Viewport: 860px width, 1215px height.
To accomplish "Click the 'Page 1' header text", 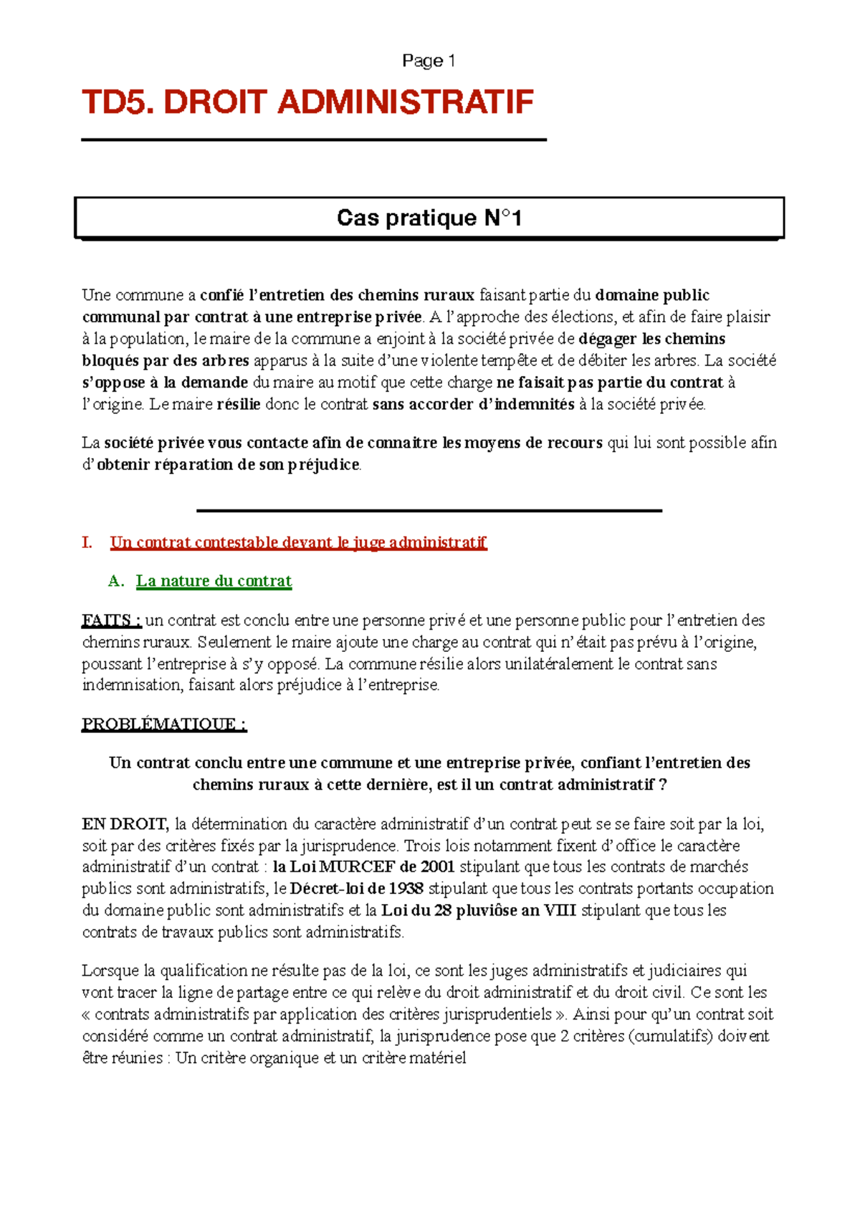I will click(429, 61).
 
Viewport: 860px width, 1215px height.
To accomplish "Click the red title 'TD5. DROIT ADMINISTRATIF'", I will click(307, 102).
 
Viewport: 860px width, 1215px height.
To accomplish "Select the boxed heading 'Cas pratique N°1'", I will click(429, 218).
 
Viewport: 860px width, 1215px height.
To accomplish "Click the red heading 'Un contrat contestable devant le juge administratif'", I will click(298, 542).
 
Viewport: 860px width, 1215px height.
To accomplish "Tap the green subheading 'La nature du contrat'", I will click(214, 581).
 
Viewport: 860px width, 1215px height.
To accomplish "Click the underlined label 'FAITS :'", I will click(111, 620).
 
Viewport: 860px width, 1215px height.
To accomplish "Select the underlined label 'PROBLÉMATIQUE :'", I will click(164, 724).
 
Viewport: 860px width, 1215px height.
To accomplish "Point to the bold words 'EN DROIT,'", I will click(125, 824).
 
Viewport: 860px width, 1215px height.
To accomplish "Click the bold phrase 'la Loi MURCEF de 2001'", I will click(364, 867).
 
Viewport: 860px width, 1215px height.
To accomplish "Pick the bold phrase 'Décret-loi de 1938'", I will click(356, 889).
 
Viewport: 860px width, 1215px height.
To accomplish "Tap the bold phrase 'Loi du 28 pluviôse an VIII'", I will click(479, 911).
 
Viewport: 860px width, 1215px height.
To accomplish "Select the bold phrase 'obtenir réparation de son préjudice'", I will click(228, 465).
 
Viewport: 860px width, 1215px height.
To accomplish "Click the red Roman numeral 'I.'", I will click(87, 542).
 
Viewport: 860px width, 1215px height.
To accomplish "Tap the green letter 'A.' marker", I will click(116, 581).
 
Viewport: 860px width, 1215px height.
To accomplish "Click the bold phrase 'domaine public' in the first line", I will click(652, 295).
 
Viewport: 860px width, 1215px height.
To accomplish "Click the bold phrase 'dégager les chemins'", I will click(652, 339).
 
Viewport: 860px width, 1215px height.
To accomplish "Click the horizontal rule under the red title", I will click(313, 140).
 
